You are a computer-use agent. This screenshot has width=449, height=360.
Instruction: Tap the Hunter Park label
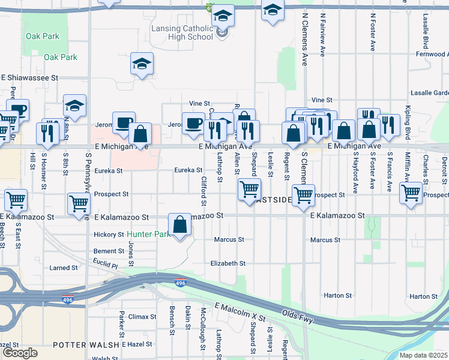pyautogui.click(x=148, y=235)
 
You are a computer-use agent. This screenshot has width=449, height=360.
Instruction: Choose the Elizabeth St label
pyautogui.click(x=228, y=263)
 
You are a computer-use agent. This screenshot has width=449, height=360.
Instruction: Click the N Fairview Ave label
pyautogui.click(x=323, y=32)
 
